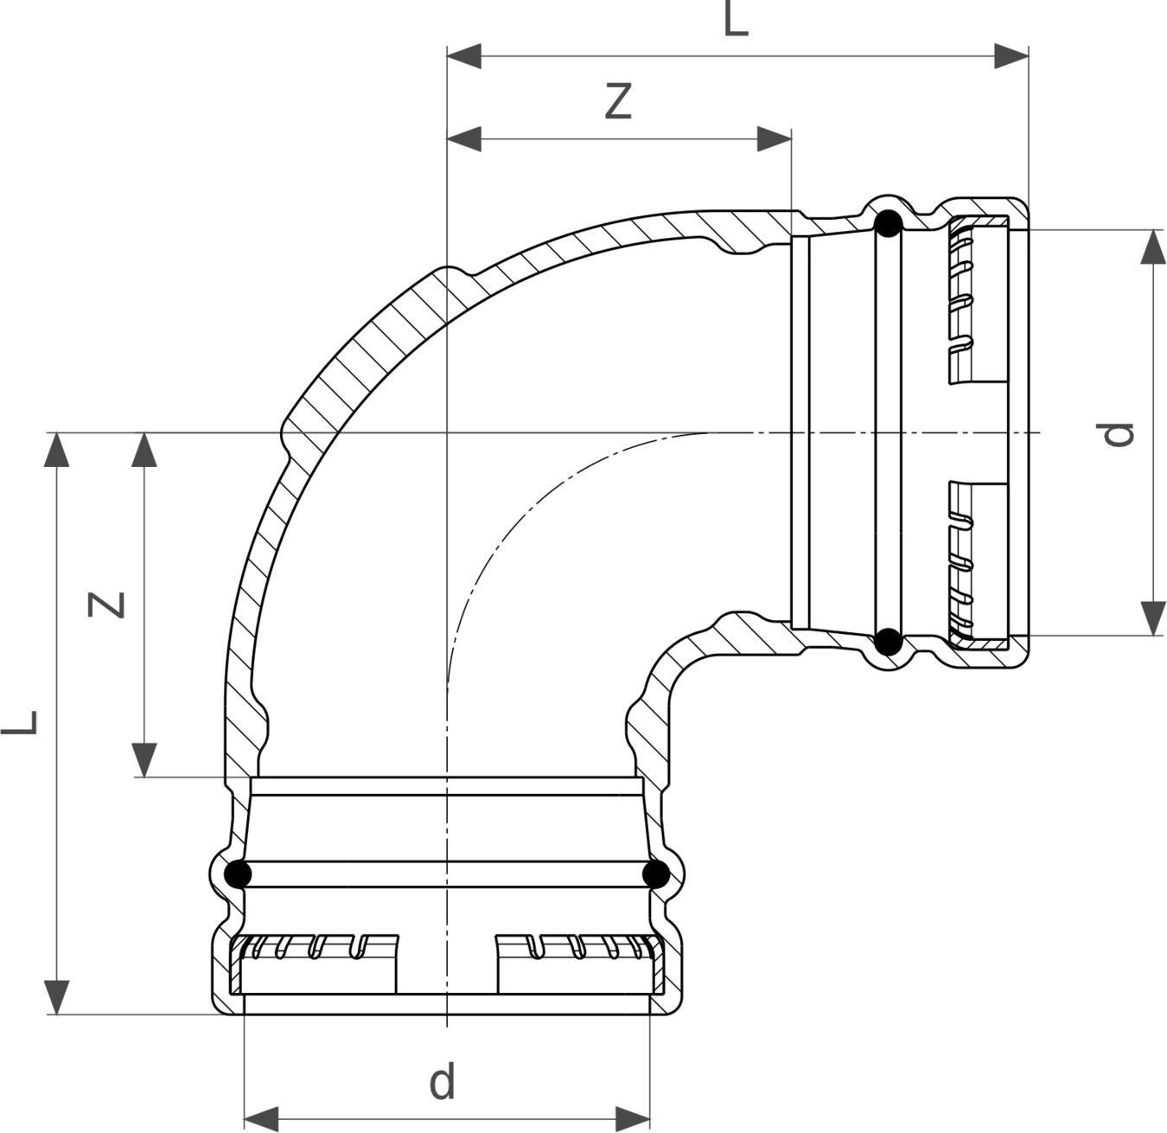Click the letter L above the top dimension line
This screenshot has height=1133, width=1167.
pyautogui.click(x=737, y=19)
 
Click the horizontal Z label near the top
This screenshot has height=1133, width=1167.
pyautogui.click(x=618, y=101)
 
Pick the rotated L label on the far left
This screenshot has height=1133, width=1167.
pyautogui.click(x=19, y=722)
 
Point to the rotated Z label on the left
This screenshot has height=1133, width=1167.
pyautogui.click(x=105, y=605)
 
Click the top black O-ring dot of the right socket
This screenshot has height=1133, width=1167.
pyautogui.click(x=888, y=224)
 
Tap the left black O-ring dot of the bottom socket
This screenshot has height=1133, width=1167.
pyautogui.click(x=237, y=874)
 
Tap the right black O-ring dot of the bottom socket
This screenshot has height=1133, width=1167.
pyautogui.click(x=655, y=874)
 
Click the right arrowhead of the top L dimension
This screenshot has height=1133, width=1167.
pyautogui.click(x=1011, y=56)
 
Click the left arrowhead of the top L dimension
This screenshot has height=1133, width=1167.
pyautogui.click(x=464, y=56)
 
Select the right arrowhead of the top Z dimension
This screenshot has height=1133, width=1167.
pyautogui.click(x=775, y=139)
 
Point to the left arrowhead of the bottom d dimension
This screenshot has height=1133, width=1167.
pyautogui.click(x=261, y=1119)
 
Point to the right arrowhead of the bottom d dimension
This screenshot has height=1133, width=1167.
pyautogui.click(x=633, y=1119)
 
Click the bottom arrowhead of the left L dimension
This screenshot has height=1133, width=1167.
pyautogui.click(x=56, y=997)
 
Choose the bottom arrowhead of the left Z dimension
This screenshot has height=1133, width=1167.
pyautogui.click(x=143, y=759)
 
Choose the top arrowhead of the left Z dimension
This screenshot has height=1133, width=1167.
pyautogui.click(x=143, y=450)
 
